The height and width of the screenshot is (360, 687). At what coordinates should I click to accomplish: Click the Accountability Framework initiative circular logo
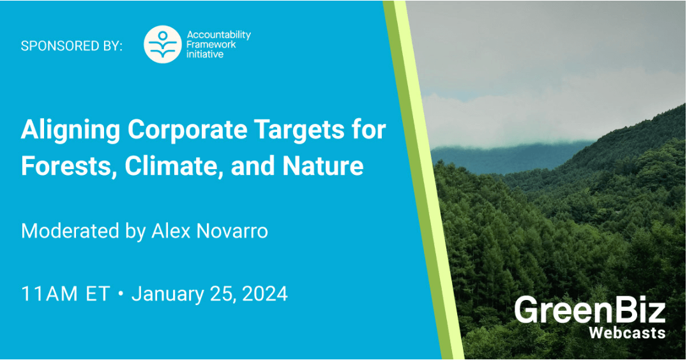(x=163, y=44)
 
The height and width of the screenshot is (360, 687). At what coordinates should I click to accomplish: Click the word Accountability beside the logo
(x=218, y=35)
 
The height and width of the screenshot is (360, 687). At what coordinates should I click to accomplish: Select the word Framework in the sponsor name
(x=211, y=45)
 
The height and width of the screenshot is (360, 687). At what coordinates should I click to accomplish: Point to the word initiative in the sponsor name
(x=204, y=54)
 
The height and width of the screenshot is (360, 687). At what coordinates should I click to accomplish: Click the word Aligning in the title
(x=70, y=130)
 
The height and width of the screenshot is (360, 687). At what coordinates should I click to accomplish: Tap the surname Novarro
(x=232, y=231)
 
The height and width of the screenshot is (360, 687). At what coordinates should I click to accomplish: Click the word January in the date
(x=167, y=294)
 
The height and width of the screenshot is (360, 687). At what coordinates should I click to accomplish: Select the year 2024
(x=264, y=294)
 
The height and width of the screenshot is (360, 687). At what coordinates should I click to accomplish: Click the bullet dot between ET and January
(x=121, y=294)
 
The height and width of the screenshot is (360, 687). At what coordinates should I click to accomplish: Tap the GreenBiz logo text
(x=590, y=310)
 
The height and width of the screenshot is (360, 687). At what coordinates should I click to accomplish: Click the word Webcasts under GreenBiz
(x=627, y=333)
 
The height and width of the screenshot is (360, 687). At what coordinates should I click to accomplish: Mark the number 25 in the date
(x=222, y=294)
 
